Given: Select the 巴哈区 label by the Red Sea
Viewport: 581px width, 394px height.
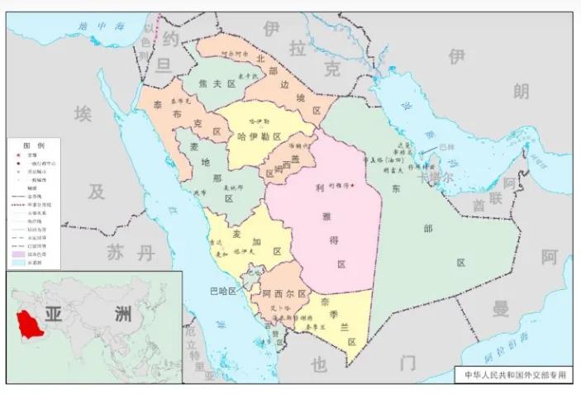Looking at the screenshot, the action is pos(223,292).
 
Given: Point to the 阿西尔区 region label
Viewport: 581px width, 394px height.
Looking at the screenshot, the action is pos(284,294).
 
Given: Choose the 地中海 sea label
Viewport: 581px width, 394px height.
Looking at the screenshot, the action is pos(94,27).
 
